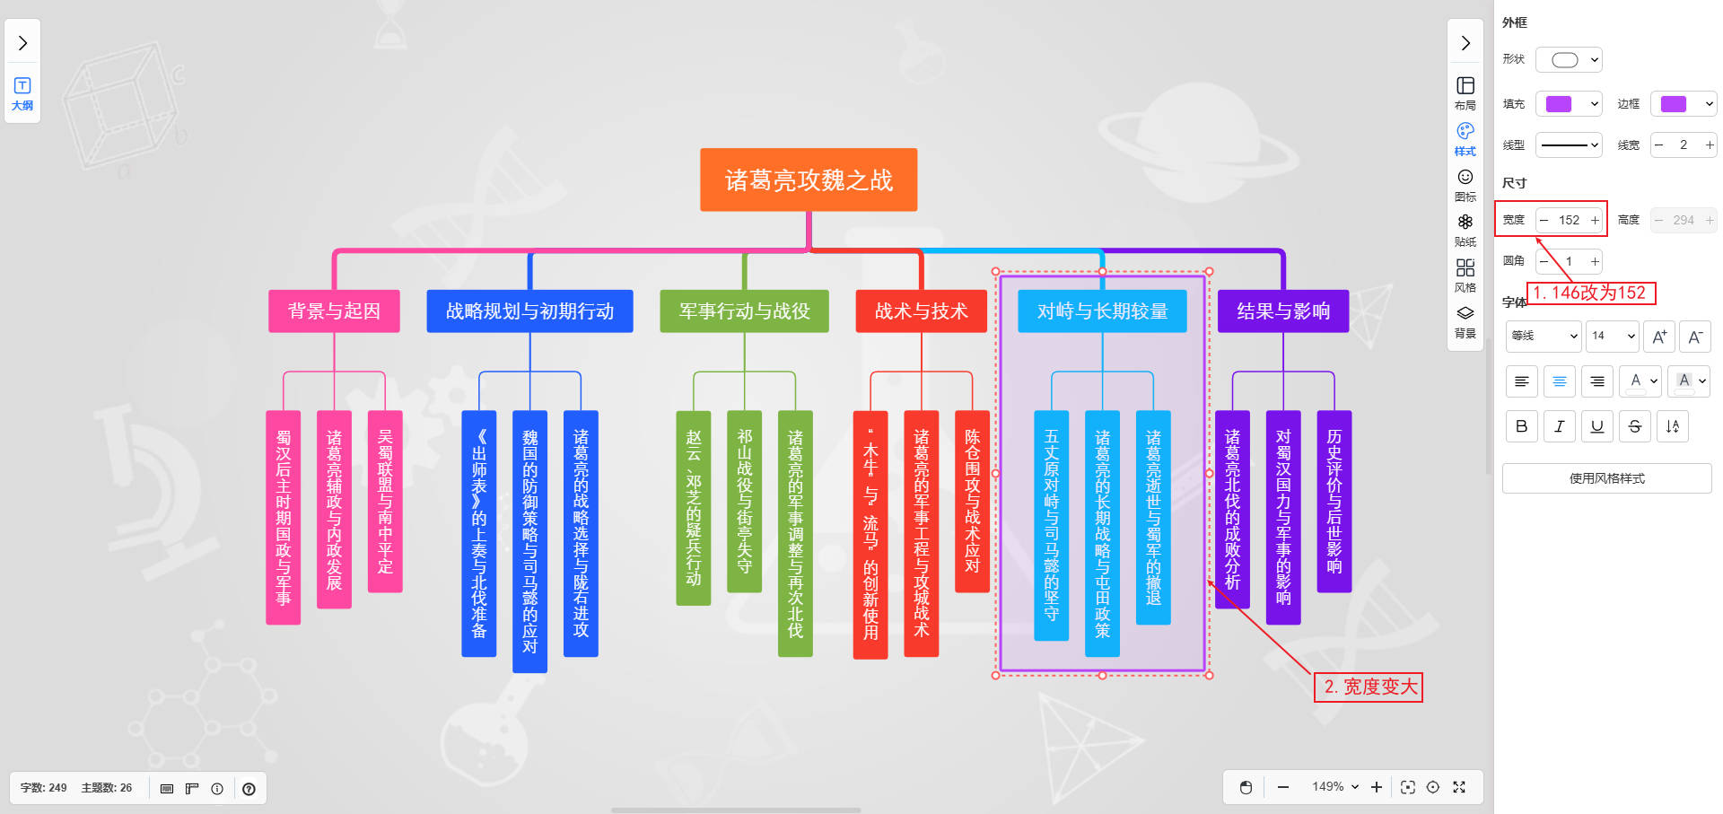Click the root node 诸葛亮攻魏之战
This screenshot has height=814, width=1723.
point(808,180)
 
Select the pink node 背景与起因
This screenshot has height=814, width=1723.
point(334,311)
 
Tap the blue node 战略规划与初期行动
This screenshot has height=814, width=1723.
point(529,311)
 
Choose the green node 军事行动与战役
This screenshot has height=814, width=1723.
point(744,311)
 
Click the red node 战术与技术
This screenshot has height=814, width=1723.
point(921,311)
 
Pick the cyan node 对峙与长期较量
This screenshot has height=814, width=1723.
point(1102,311)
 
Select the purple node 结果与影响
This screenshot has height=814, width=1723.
point(1282,311)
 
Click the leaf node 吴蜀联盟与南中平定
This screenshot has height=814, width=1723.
point(385,501)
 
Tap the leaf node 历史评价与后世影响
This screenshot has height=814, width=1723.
point(1334,501)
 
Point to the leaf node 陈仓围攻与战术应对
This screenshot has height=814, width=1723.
point(972,501)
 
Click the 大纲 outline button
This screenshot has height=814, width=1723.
point(22,93)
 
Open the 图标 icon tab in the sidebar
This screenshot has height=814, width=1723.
point(1465,185)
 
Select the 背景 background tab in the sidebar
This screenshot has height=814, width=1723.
point(1465,321)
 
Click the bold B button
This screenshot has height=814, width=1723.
point(1521,426)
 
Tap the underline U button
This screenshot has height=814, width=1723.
point(1596,426)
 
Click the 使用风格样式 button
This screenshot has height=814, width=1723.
point(1606,478)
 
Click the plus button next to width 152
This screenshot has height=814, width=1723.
point(1595,220)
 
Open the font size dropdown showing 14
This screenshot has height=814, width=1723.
point(1613,336)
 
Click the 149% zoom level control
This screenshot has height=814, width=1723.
point(1334,787)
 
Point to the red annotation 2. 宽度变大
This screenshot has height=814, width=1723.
point(1369,687)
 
